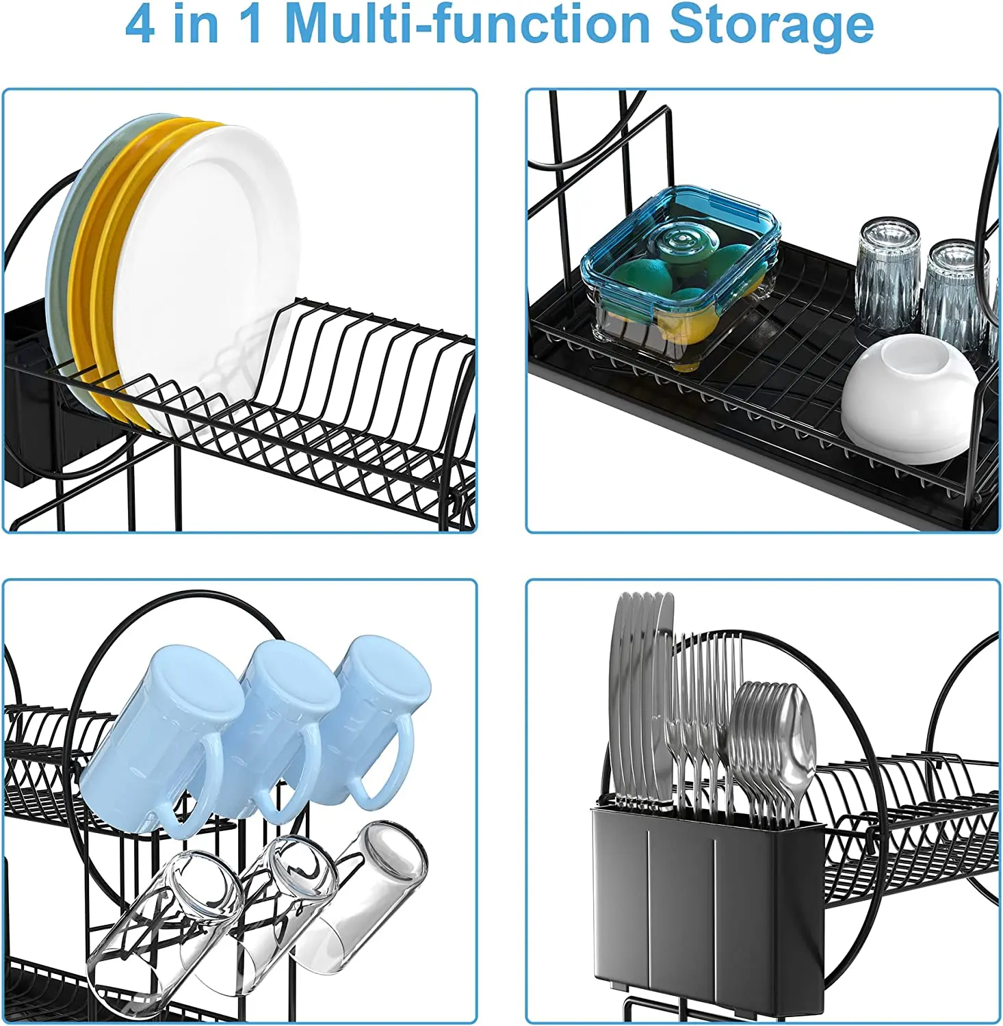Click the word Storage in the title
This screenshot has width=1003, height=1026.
point(771,25)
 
